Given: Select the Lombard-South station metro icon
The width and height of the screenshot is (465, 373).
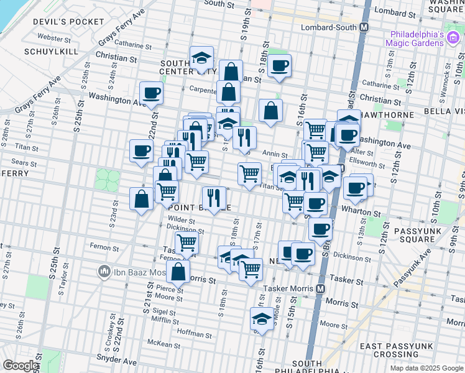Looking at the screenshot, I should click(364, 28).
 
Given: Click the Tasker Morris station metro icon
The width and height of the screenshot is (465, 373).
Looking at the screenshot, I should click(321, 289).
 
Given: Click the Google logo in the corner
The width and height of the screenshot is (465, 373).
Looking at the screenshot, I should click(20, 366).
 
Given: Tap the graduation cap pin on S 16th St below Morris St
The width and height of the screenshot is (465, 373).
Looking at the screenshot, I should click(262, 320).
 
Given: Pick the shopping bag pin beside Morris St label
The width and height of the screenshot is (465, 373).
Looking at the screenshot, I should click(178, 272).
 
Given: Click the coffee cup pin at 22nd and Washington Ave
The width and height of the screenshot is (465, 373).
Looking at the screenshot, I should click(151, 94).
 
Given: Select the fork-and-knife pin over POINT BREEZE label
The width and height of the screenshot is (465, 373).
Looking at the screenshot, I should click(213, 198).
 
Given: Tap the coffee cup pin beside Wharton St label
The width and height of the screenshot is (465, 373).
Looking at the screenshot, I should click(356, 188).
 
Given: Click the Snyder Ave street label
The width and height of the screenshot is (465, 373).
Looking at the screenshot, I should click(117, 360).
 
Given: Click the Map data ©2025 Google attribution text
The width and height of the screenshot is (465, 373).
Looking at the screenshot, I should click(426, 368).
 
